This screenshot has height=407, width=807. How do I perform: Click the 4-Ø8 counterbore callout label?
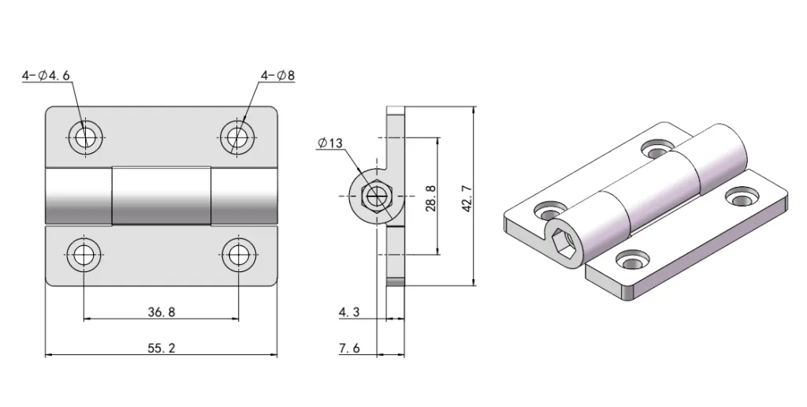pos(277,77)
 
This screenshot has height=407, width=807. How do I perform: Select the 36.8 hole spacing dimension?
pos(161,312)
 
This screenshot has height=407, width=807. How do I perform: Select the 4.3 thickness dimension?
pos(349,312)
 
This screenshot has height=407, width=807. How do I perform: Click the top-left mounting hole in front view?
pos(84,137)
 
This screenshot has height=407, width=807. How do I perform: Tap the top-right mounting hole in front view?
pos(236,137)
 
